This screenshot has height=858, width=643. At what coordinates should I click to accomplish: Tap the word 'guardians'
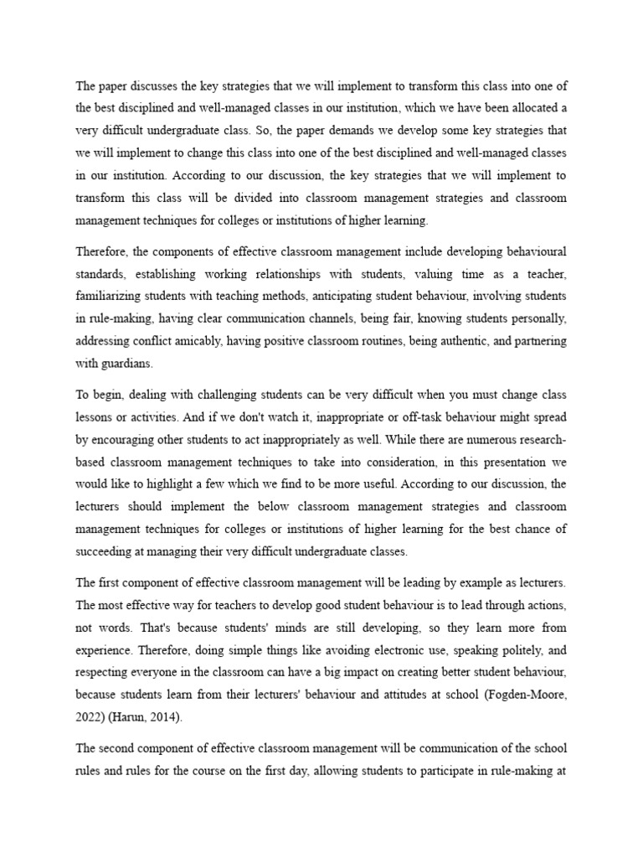coord(128,364)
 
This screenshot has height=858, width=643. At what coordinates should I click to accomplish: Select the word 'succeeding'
coord(105,550)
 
